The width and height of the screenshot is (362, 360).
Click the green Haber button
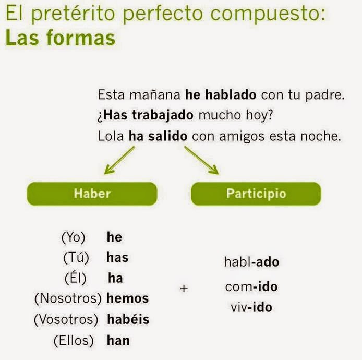92,194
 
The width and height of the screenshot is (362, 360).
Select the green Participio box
256,194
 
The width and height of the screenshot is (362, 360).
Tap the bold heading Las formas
60,38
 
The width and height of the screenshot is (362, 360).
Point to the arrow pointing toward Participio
201,160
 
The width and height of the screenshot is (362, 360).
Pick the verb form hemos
127,299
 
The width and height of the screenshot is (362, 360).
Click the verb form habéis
128,319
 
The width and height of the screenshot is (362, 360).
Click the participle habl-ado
251,262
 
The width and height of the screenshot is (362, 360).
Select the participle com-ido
251,287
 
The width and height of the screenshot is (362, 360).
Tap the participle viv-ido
251,307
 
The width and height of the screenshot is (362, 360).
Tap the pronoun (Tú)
76,258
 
